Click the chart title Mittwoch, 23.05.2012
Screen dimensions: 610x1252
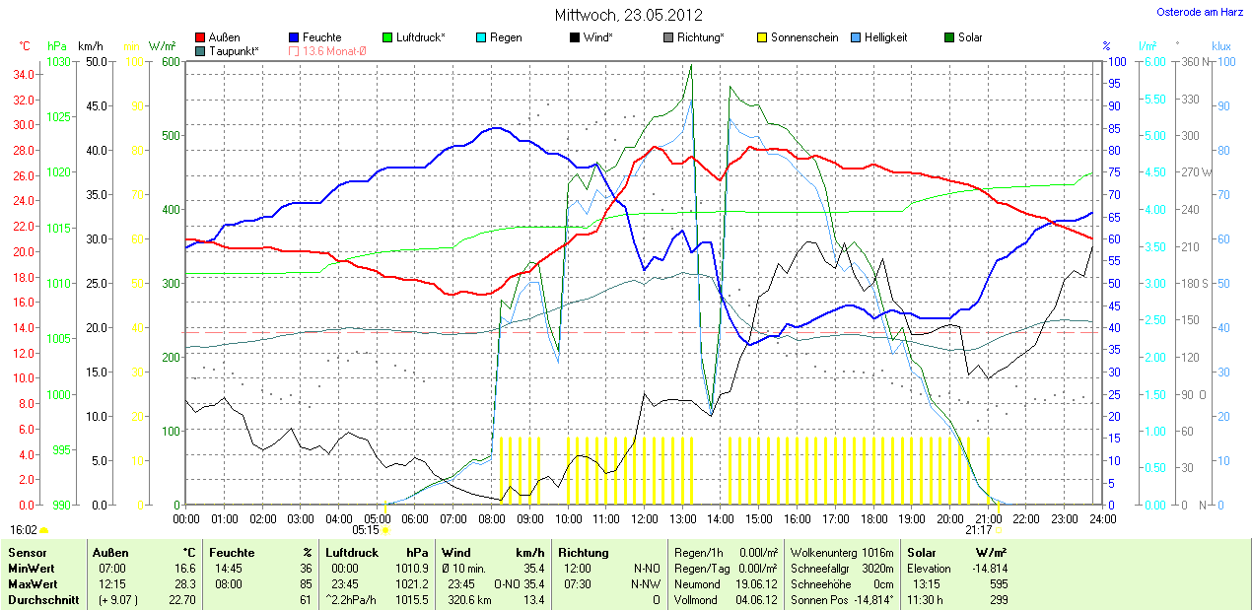coord(628,15)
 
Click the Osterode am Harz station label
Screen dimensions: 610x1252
coord(1199,12)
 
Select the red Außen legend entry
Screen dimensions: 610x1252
coord(218,37)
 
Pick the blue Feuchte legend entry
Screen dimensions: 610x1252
coord(315,37)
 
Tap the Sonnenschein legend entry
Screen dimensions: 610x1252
coord(798,37)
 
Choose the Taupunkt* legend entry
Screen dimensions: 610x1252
coord(226,50)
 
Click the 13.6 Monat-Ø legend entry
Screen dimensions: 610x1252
coord(326,50)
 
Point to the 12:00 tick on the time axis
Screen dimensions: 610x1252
coord(645,518)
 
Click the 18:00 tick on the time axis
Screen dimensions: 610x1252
coord(873,518)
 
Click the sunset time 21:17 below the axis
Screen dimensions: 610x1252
coord(979,529)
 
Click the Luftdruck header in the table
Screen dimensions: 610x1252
coord(352,553)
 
